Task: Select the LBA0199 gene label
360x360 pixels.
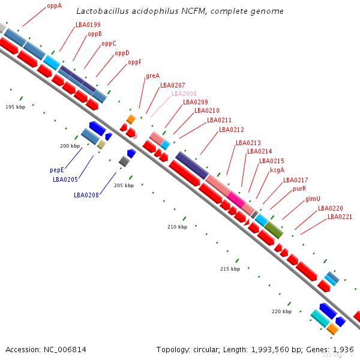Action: pos(88,25)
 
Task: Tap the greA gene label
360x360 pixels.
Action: pos(152,76)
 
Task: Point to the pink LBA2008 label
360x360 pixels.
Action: pos(184,94)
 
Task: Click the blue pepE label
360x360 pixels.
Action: pos(57,170)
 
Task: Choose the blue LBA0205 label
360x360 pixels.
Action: pos(65,179)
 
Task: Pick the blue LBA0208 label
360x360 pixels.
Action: pos(86,195)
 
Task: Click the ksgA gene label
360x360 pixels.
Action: pos(277,170)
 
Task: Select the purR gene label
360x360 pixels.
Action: pos(299,188)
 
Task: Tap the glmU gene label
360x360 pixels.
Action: pos(313,199)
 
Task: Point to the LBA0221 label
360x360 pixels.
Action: pos(340,217)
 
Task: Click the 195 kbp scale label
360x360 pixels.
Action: pos(15,107)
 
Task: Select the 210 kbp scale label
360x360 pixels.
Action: pos(177,227)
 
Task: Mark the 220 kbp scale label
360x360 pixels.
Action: pos(281,311)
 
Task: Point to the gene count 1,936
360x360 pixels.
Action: pos(343,349)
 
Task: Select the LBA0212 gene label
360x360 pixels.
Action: pos(232,130)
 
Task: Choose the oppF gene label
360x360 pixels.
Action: pos(134,62)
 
